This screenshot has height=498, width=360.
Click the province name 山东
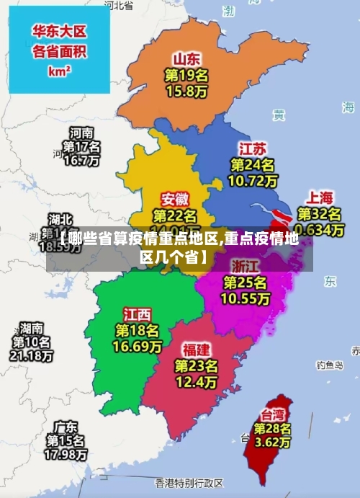[186, 58]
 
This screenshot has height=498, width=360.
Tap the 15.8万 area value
[186, 92]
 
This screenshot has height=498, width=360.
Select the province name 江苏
[252, 149]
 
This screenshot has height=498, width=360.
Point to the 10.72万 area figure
[251, 181]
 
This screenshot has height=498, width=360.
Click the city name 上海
[320, 197]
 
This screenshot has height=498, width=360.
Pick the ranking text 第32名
[320, 214]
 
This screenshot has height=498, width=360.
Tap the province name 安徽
[175, 198]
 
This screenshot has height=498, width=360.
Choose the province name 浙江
[245, 264]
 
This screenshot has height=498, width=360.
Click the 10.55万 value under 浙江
[246, 297]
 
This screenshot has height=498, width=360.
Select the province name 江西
[137, 314]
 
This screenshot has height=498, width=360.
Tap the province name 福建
[196, 350]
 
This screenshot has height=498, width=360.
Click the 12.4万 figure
[196, 381]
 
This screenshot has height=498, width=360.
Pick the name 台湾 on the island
[271, 414]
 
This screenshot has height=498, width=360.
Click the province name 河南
[81, 133]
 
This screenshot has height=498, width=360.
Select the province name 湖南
[31, 326]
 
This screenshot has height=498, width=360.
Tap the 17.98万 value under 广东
[66, 455]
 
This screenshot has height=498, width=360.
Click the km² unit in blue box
[59, 71]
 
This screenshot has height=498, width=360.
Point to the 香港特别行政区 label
[189, 481]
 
